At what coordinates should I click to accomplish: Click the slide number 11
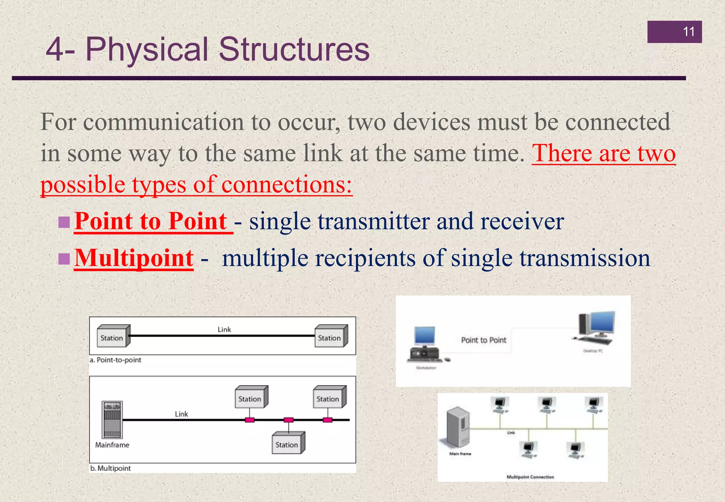688,32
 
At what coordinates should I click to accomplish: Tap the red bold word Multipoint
134,258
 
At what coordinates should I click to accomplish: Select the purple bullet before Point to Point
64,222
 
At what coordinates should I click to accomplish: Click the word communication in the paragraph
164,122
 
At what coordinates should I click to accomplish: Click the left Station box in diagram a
112,337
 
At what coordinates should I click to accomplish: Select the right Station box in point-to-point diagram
330,337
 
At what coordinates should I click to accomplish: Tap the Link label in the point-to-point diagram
224,330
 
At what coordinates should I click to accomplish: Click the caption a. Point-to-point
115,360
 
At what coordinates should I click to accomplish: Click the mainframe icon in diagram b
112,420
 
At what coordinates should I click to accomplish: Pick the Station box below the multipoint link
287,444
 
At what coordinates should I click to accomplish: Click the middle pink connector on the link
289,420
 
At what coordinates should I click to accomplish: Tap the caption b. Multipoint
110,468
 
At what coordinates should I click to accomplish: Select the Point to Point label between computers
484,340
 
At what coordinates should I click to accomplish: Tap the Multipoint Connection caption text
530,477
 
